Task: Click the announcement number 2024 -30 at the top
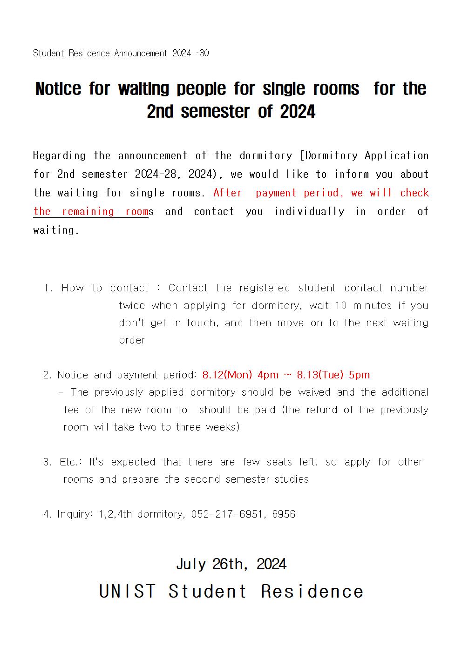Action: tap(190, 54)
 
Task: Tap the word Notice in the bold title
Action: tap(58, 89)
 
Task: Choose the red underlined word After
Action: tap(228, 193)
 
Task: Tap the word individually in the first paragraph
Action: tap(309, 212)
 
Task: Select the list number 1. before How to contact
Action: tap(48, 288)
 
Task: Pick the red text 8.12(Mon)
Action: tap(227, 375)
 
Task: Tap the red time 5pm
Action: tap(359, 375)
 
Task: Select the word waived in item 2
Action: tap(314, 392)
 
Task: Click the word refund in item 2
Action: tap(322, 410)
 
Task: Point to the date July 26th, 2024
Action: tap(231, 565)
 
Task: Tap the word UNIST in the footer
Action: tap(128, 592)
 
